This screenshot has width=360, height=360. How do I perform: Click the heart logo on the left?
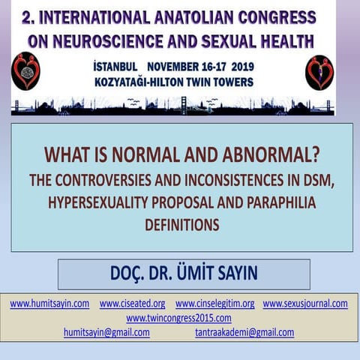[26, 72]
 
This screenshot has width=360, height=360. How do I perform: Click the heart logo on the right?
[319, 73]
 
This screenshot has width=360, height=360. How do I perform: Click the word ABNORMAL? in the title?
[259, 156]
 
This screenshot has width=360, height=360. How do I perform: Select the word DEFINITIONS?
[182, 223]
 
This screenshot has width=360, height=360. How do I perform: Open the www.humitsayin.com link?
[49, 304]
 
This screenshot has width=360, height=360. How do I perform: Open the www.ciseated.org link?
[132, 304]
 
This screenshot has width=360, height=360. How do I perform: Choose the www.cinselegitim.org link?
[214, 304]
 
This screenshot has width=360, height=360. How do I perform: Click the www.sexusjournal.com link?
[305, 304]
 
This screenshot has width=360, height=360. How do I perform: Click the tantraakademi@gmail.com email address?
[244, 332]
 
